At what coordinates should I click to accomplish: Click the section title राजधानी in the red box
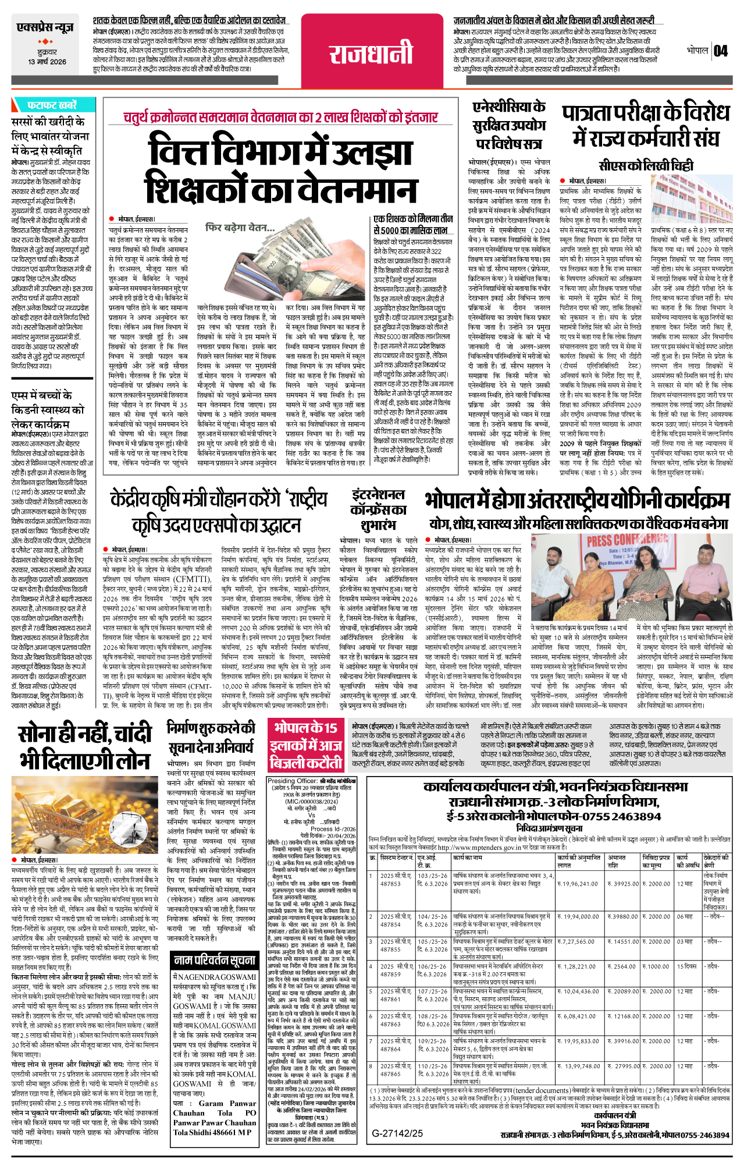371,55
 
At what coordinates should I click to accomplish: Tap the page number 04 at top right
721,51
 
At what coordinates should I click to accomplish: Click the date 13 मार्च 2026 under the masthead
47,62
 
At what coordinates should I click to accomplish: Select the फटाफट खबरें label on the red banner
52,105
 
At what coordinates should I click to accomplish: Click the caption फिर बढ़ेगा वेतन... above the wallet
240,228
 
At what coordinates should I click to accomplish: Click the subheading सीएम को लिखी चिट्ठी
646,166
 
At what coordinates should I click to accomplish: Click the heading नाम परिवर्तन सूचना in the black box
215,960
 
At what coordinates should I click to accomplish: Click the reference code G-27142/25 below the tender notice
398,1133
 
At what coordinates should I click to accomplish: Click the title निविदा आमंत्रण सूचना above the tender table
549,828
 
